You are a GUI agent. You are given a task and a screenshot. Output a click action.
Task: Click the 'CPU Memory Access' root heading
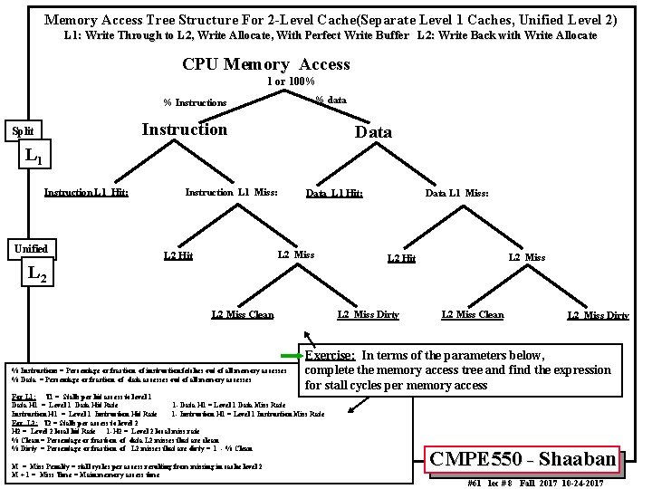pos(265,64)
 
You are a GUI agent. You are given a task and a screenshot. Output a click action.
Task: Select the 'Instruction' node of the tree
pos(184,129)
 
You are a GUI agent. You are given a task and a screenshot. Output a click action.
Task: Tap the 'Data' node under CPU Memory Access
pos(374,132)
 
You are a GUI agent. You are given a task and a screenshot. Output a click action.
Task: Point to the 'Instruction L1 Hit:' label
pos(86,192)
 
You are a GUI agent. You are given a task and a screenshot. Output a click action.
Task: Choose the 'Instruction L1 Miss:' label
pos(231,192)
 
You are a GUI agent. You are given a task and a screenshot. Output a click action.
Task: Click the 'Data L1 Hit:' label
pos(334,193)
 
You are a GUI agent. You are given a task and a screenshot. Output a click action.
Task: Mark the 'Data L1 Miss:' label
pos(457,193)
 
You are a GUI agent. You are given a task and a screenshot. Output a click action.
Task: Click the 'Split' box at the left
pos(24,131)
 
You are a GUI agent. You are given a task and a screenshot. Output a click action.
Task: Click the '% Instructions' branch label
pos(195,102)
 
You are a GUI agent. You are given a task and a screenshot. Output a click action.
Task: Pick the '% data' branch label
pos(331,99)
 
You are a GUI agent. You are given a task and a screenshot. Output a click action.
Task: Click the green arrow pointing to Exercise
pos(292,355)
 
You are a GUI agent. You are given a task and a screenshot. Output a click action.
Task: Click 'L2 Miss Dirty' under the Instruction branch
pos(368,314)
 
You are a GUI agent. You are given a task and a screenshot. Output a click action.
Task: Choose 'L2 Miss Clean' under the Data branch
pos(472,314)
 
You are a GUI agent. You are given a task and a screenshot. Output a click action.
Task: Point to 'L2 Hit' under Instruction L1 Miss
pos(177,256)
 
